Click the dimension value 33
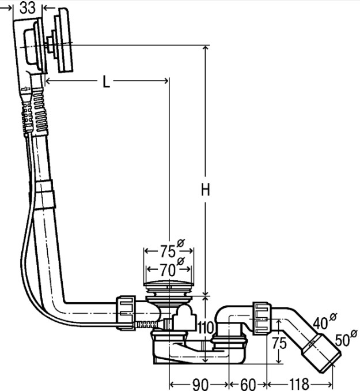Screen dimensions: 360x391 click(28, 7)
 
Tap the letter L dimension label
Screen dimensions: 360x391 click(107, 81)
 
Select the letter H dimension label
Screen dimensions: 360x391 click(206, 190)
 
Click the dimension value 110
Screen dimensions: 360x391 click(206, 328)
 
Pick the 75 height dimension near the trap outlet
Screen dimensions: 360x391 click(279, 343)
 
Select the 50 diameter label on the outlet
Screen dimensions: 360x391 click(346, 339)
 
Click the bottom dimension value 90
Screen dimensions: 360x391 click(200, 384)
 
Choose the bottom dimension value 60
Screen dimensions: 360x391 click(248, 384)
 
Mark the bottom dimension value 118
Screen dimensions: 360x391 click(299, 384)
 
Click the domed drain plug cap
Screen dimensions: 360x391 click(169, 284)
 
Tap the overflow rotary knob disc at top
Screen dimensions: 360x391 click(66, 40)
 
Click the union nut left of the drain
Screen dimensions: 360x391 click(126, 313)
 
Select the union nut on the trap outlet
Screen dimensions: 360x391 click(262, 318)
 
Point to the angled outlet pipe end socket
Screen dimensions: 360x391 click(321, 353)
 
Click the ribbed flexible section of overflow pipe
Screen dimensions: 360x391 click(40, 111)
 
